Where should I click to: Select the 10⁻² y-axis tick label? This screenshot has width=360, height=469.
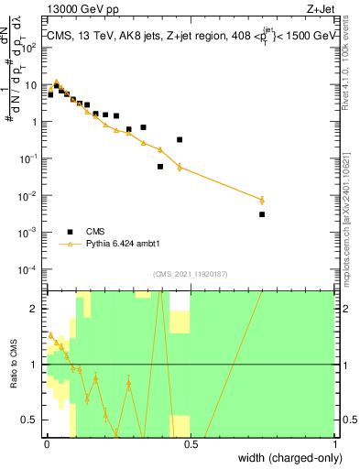click(x=31, y=195)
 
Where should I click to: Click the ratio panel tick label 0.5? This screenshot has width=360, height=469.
click(x=33, y=420)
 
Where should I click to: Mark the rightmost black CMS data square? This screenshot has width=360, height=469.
click(x=262, y=214)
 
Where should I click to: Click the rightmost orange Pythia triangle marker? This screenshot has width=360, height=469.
click(x=262, y=200)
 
